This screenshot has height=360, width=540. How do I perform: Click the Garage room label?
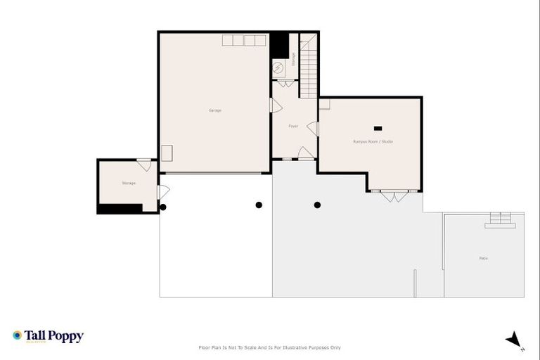214,110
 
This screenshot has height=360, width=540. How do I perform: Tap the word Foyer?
293,126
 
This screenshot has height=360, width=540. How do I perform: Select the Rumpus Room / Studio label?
373,142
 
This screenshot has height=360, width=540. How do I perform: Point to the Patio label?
483,259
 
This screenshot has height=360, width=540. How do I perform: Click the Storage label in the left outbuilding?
128,183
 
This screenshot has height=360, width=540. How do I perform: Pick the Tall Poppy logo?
48,336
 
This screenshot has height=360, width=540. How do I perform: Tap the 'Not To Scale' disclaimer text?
270,347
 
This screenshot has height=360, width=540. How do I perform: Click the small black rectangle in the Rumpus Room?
378,128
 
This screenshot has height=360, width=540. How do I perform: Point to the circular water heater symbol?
278,67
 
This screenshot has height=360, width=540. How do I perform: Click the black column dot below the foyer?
317,205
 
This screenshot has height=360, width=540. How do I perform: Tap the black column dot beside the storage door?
163,207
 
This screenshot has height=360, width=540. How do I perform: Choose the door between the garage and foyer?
276,105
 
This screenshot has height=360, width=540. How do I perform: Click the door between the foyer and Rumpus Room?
314,129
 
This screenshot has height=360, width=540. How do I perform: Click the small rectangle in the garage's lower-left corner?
167,154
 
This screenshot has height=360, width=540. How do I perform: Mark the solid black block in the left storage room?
120,208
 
